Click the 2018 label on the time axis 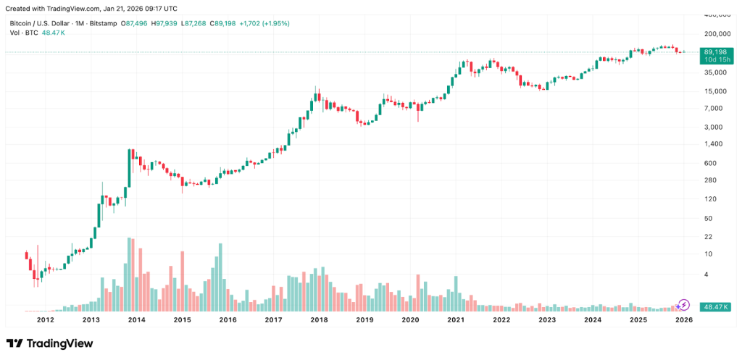[319, 319]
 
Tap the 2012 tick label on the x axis [46, 319]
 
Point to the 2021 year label [456, 319]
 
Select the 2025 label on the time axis [638, 319]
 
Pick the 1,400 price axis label [716, 144]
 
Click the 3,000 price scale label [716, 127]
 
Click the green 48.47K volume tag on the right [714, 307]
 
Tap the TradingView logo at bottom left [49, 343]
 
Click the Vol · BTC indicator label [24, 33]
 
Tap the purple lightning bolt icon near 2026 [684, 304]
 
